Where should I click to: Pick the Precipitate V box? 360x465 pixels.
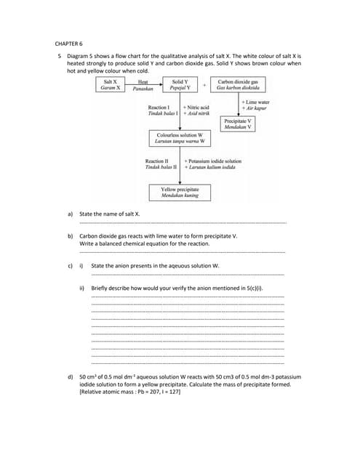(239, 124)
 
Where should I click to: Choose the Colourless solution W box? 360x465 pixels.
(180, 138)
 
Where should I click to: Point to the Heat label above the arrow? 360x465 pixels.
(143, 82)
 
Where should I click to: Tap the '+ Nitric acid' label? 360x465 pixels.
(198, 108)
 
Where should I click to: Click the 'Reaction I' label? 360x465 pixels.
(158, 108)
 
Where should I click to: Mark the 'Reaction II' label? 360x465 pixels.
(157, 161)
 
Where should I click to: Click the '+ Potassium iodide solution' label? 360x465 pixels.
(213, 161)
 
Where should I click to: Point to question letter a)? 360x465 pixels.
(71, 214)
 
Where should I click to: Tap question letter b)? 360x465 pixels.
(71, 236)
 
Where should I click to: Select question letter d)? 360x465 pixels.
(71, 377)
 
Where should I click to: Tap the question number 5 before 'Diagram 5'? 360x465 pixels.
(58, 56)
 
